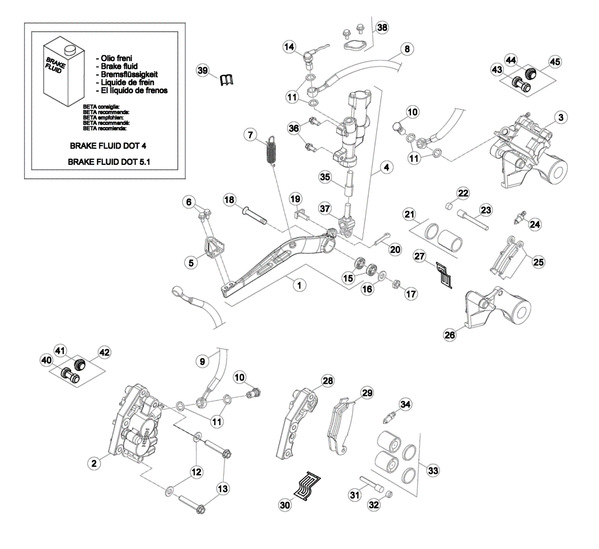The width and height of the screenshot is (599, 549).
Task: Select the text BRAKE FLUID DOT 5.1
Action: click(x=109, y=162)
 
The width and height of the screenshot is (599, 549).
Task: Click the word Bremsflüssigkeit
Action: click(x=129, y=74)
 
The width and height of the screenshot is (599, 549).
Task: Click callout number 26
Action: click(x=450, y=335)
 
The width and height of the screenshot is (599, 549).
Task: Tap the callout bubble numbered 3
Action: click(x=560, y=118)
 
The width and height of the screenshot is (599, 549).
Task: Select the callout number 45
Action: click(x=555, y=62)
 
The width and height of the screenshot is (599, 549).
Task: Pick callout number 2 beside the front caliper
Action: click(x=94, y=463)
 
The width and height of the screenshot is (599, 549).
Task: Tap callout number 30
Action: click(x=285, y=505)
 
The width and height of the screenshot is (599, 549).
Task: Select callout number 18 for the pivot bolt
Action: click(x=229, y=200)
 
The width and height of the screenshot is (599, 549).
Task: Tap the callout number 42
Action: click(x=104, y=352)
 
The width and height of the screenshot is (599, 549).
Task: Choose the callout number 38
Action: click(x=382, y=27)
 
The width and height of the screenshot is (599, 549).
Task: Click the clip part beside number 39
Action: click(x=226, y=80)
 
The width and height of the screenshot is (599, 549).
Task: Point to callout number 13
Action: click(x=222, y=488)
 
